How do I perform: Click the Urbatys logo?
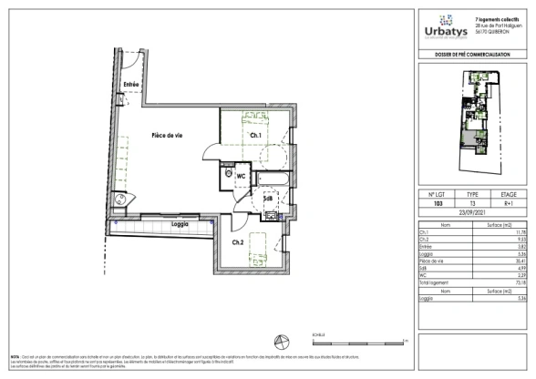pos(444,28)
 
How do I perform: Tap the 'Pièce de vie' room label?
pos(167,135)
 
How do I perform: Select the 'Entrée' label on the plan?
pos(131,85)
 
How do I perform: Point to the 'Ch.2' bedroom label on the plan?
pos(237,241)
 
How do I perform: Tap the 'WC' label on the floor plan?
pos(242,176)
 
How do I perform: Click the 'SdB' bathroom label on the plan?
pos(268,198)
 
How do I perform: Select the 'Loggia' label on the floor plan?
pos(179,223)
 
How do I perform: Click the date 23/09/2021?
pos(473,213)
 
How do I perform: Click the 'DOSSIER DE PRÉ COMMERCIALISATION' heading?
pos(473,56)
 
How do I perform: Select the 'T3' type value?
pos(472,204)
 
